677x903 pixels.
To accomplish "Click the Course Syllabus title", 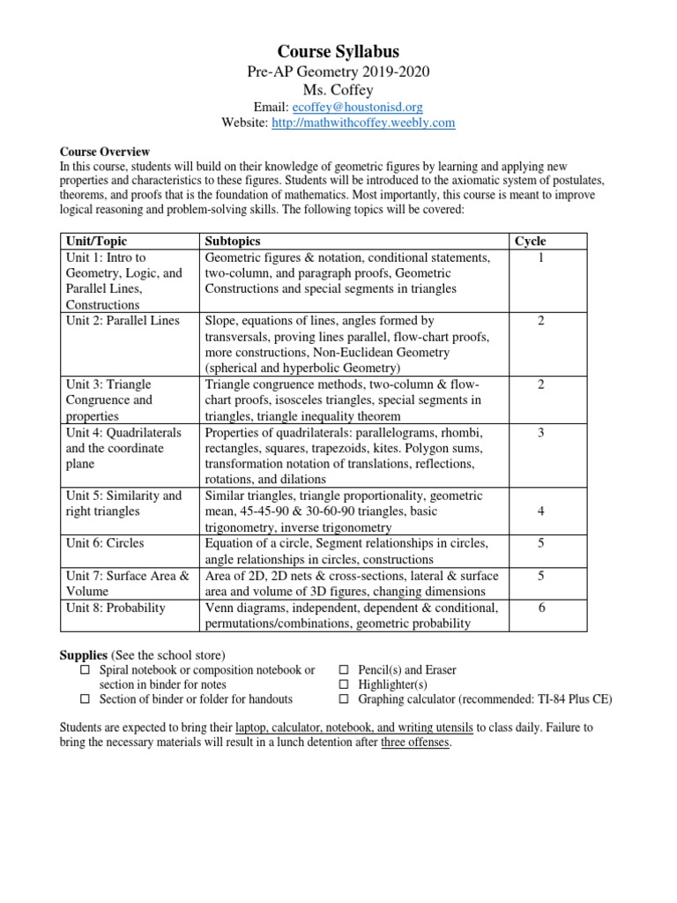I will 338,52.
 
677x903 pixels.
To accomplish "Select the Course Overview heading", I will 104,152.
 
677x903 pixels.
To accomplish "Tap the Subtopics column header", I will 233,241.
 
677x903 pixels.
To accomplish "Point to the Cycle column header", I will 530,241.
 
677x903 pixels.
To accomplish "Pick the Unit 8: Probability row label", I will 115,608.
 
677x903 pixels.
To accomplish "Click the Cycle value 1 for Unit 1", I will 541,257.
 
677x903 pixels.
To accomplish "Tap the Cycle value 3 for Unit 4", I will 541,432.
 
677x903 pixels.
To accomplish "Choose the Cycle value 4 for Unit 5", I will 541,511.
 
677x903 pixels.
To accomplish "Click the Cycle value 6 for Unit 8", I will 541,608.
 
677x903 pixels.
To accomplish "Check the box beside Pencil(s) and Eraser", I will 345,670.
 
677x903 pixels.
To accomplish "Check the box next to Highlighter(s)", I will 345,685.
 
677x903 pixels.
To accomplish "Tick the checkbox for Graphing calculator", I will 345,700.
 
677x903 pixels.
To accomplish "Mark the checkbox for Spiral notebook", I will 86,670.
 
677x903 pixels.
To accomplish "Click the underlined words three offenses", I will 415,743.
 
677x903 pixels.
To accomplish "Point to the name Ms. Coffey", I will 338,90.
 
